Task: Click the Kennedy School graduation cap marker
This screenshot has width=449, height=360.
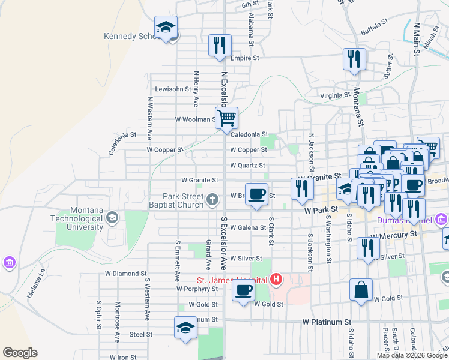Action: point(166,28)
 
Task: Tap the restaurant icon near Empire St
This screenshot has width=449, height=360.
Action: point(220,46)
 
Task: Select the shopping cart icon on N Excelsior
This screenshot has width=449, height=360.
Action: point(226,118)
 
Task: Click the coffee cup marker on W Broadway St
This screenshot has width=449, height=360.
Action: point(256,194)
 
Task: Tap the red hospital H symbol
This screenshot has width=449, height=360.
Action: point(276,279)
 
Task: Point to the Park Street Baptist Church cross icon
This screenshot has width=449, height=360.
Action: point(212,199)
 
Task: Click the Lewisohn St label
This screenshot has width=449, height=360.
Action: point(173,89)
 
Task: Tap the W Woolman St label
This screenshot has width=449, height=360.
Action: point(195,119)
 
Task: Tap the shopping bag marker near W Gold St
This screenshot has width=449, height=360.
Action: point(361,290)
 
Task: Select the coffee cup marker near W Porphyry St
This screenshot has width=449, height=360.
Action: point(243,291)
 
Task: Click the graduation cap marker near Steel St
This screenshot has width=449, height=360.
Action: point(185,328)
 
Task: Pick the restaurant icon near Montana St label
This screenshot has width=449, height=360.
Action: point(354,59)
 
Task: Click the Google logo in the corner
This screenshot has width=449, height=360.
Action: point(20,353)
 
